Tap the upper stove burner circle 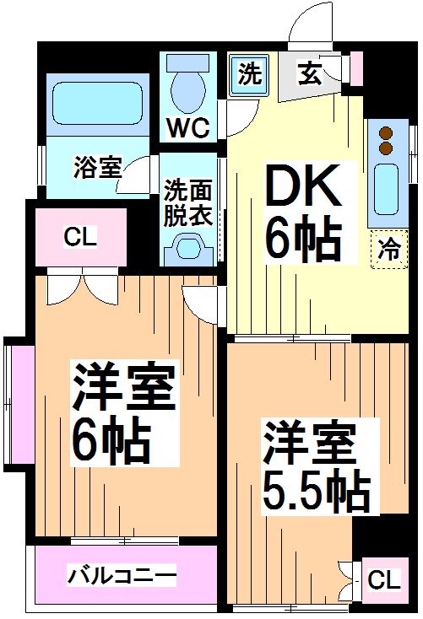(x=387, y=134)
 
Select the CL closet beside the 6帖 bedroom (x=80, y=237)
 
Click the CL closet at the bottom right (x=383, y=579)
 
